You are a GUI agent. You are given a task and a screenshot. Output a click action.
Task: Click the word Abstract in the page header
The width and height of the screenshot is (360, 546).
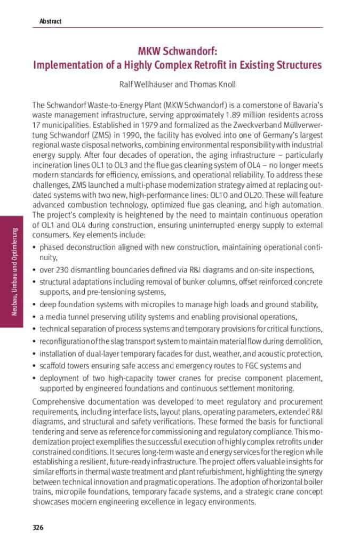(x=50, y=21)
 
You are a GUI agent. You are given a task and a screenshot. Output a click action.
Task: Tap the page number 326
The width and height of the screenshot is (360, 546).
(x=38, y=527)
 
